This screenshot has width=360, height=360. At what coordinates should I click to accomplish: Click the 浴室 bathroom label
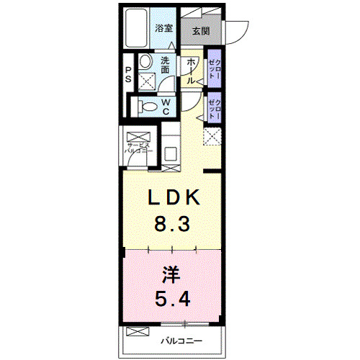coord(164,29)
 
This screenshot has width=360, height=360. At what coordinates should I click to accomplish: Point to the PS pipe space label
coord(128,74)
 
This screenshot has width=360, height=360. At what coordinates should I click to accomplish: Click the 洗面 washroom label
coord(165,66)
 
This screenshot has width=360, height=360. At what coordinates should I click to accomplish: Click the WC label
coord(165,106)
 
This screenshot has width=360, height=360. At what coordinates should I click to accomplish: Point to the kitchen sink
coord(171,152)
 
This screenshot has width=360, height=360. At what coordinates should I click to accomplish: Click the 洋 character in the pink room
coord(170,274)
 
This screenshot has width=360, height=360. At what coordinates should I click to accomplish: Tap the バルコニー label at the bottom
coord(181,339)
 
